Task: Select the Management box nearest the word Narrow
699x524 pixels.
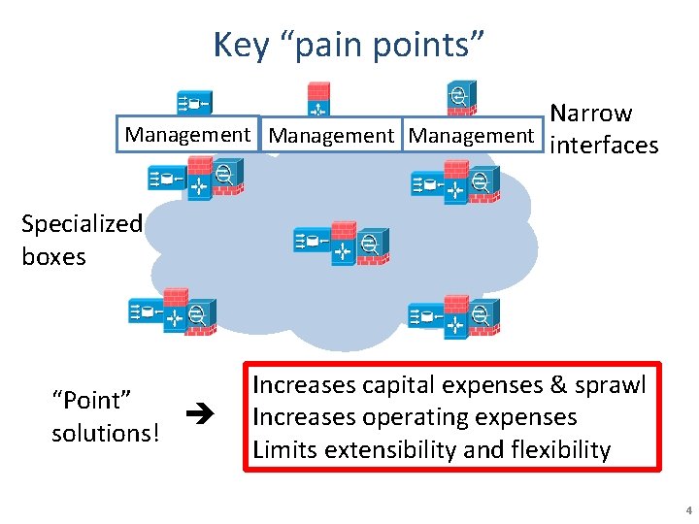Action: (472, 136)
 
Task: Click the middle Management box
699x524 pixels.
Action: (331, 136)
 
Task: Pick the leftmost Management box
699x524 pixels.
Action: (188, 135)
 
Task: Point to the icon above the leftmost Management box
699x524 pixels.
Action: (193, 102)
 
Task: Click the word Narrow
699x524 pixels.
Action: (590, 114)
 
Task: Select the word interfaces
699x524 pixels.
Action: (604, 146)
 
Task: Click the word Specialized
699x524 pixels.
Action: (82, 223)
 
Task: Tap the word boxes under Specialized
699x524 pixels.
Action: (53, 257)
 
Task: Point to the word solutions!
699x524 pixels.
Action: (105, 433)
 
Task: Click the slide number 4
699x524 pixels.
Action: (687, 510)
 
